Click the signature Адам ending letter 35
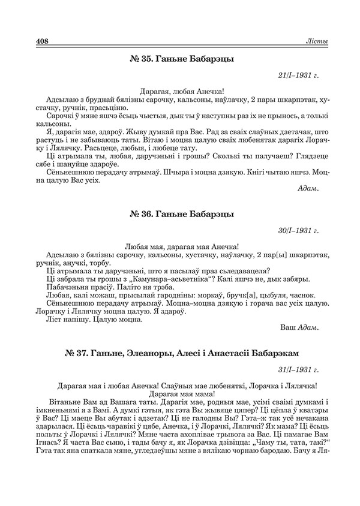[x=308, y=188]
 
